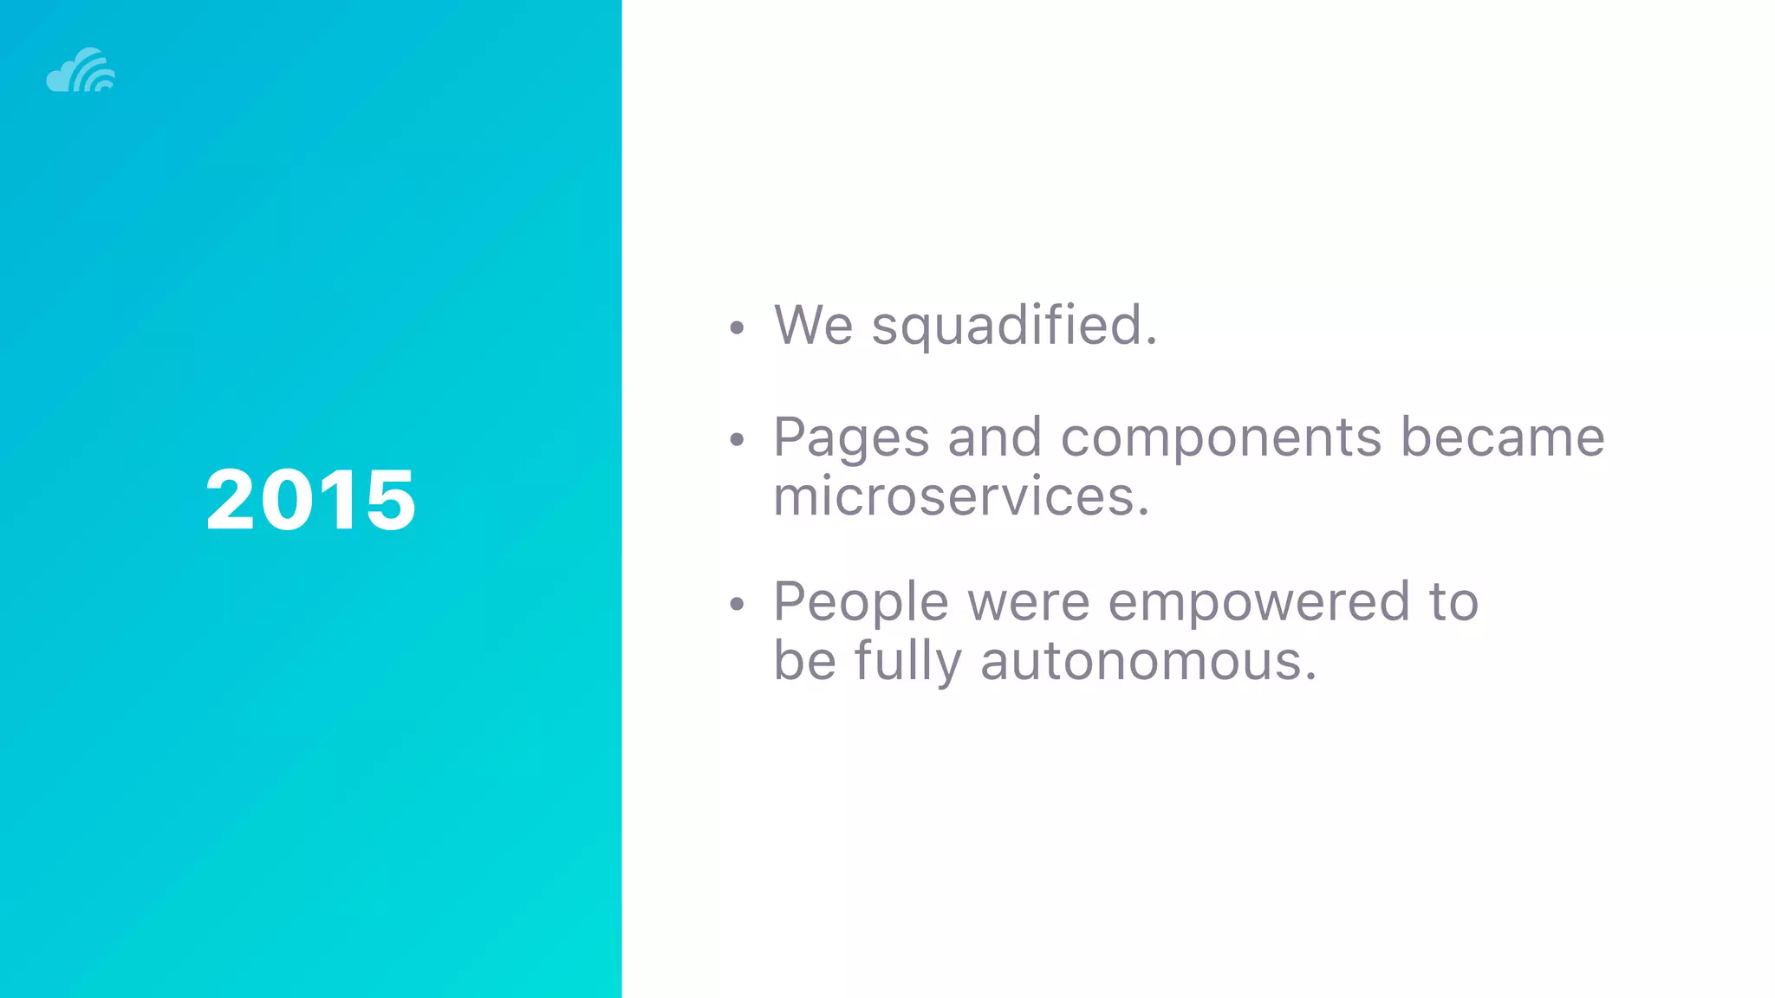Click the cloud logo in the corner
point(81,70)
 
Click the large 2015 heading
point(310,500)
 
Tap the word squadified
point(1014,327)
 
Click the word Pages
point(851,438)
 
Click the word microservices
point(960,496)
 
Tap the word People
point(861,603)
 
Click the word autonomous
point(1148,661)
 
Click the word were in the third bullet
point(1028,603)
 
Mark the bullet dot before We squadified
point(737,328)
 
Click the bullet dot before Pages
point(737,440)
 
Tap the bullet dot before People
point(737,604)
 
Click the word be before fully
point(804,661)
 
